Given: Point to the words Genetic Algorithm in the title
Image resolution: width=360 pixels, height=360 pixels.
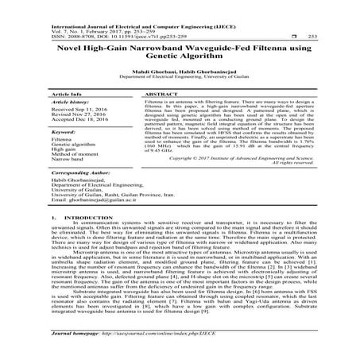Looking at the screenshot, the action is pos(180,60).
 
